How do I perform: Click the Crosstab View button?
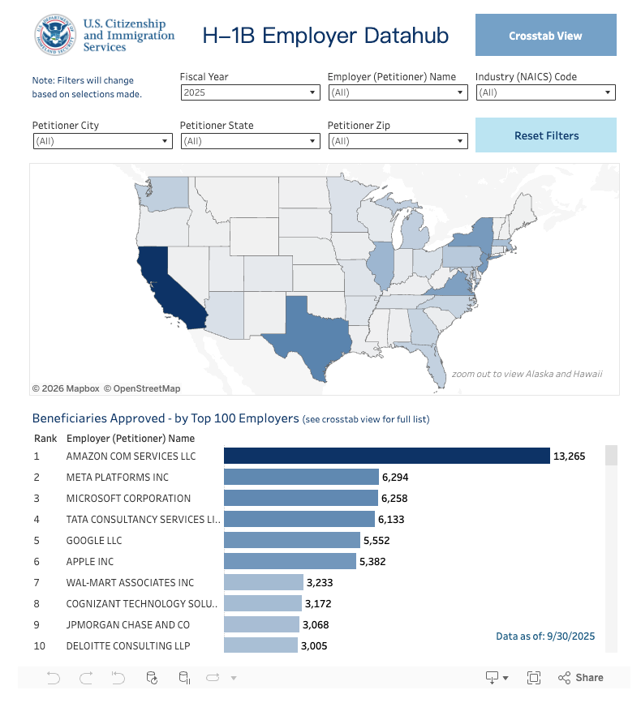point(545,36)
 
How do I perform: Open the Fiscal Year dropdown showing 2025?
point(250,92)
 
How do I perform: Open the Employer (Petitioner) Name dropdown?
point(398,92)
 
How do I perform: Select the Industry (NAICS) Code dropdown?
point(545,92)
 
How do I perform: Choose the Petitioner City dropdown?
point(102,141)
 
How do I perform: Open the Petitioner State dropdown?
point(250,141)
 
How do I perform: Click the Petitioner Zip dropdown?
point(398,141)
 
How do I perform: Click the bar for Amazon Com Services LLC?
point(386,456)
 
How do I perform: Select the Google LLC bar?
point(291,541)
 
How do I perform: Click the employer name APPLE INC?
point(90,562)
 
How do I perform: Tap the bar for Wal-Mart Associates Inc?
point(263,583)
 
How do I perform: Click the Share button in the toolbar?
point(581,678)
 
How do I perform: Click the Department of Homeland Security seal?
point(54,36)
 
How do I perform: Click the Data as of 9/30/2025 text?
point(545,636)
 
